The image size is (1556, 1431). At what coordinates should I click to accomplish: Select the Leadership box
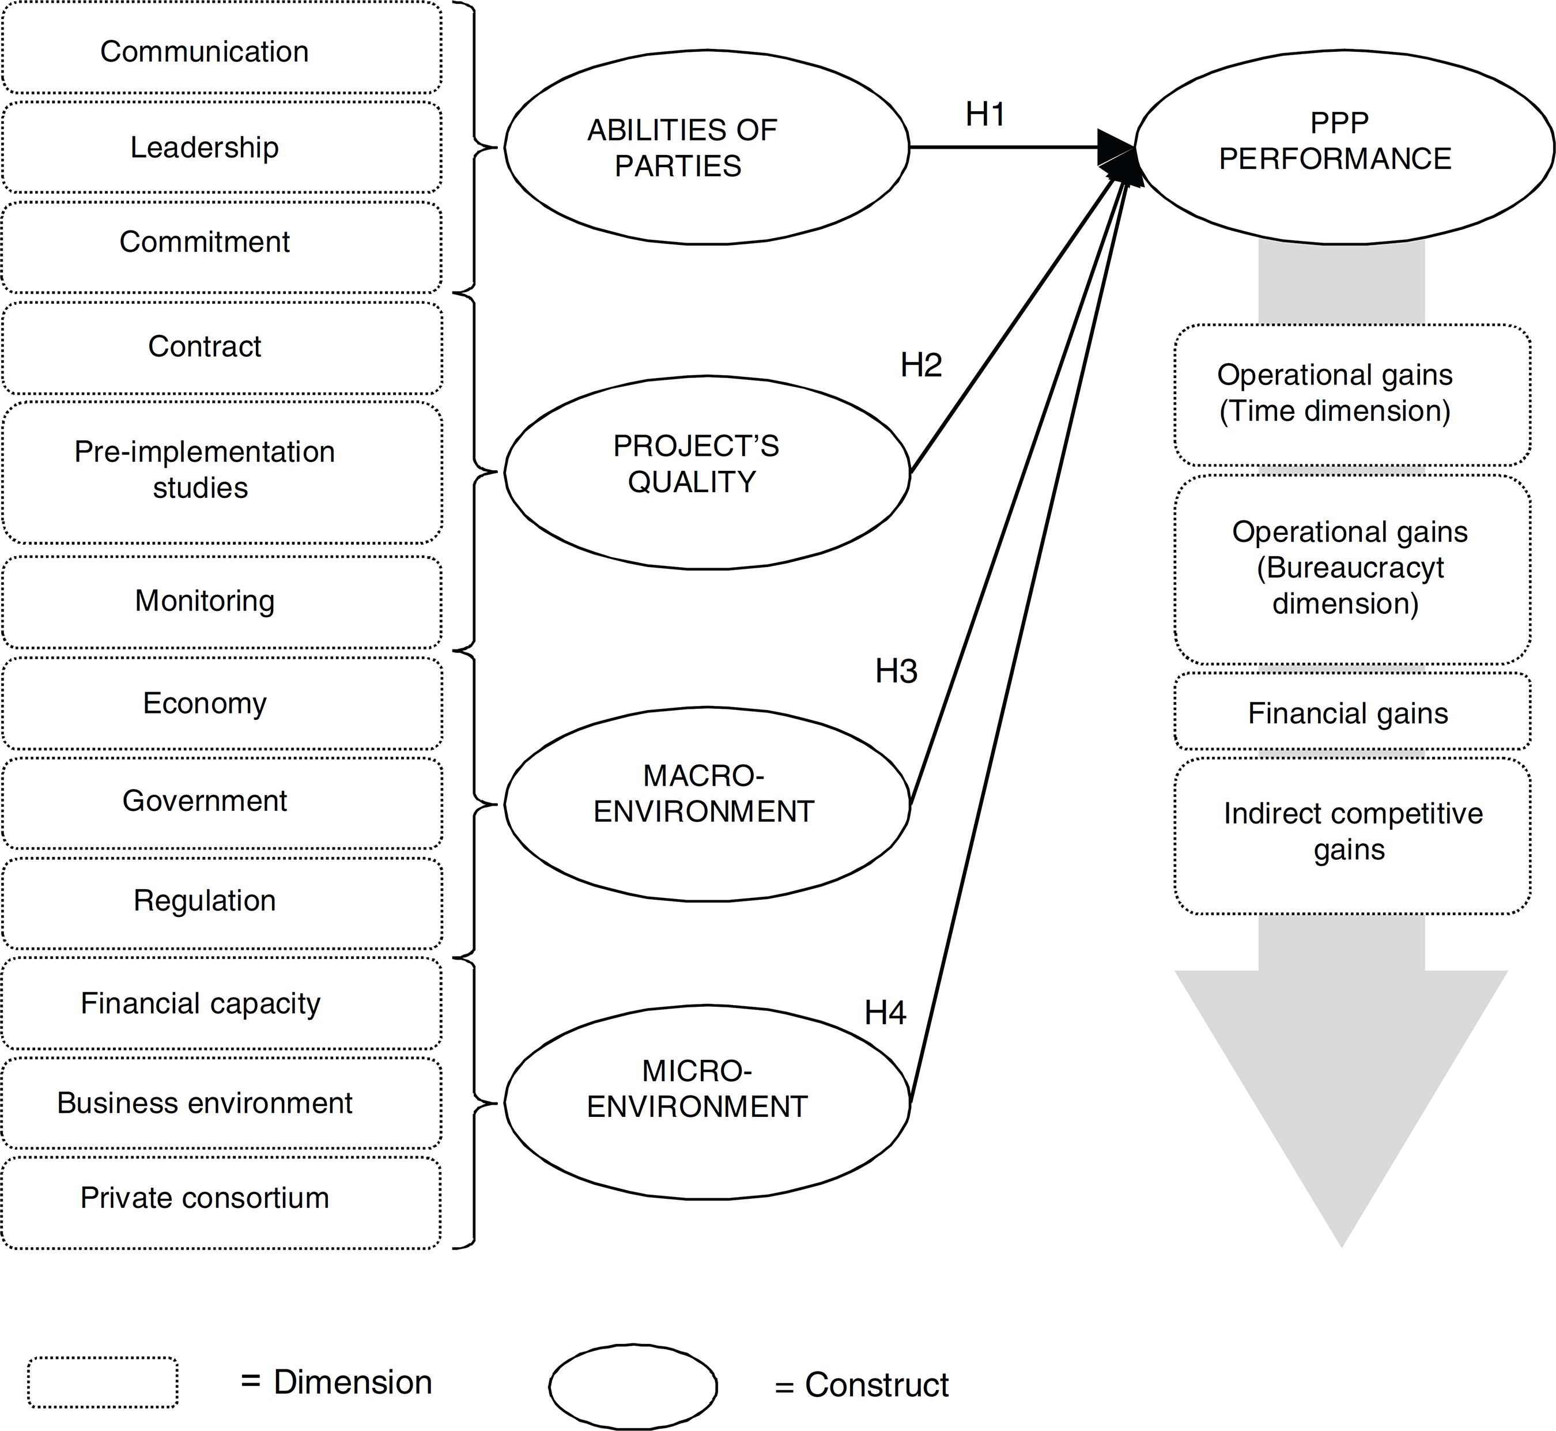click(221, 147)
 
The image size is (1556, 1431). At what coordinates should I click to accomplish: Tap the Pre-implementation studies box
click(221, 471)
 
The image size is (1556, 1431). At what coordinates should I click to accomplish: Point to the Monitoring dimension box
click(221, 602)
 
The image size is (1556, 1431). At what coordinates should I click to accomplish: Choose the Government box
click(221, 802)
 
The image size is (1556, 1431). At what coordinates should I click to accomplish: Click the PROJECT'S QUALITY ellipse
click(706, 473)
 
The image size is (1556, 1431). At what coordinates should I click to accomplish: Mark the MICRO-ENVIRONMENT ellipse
click(706, 1101)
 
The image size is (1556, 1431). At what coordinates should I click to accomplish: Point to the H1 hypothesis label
click(985, 115)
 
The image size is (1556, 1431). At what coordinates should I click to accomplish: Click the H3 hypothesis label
click(896, 671)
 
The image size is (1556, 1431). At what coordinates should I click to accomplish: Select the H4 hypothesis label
click(885, 1013)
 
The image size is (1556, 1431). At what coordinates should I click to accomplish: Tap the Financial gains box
click(1351, 712)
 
